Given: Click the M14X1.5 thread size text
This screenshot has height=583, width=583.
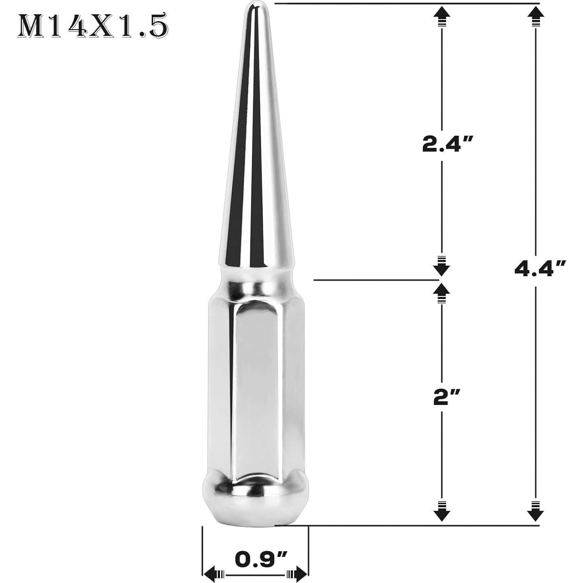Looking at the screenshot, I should point(92,27).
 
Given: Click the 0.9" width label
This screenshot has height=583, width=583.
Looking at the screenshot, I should point(261,559).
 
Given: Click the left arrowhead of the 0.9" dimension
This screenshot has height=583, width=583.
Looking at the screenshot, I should point(210,574).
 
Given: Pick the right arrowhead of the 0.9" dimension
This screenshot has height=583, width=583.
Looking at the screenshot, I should point(301,574).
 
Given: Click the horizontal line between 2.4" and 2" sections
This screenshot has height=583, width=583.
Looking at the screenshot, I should point(375,280).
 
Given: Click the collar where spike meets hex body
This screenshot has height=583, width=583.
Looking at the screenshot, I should point(253,281).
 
